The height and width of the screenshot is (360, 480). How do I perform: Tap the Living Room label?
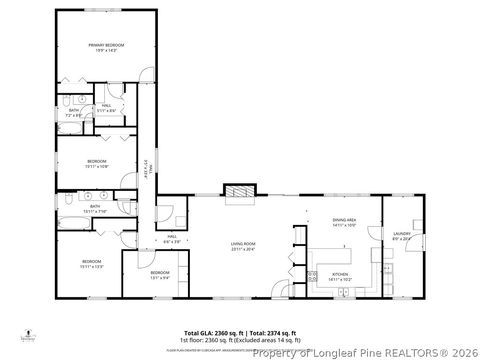tap(243, 244)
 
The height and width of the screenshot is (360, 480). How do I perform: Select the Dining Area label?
tap(344, 222)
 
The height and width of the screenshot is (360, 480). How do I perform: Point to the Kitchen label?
tap(339, 276)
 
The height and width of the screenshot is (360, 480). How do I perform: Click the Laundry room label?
tap(401, 234)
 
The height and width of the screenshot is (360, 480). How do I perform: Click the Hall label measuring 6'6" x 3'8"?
tap(171, 240)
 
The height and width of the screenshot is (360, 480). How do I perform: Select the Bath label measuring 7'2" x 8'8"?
tap(73, 113)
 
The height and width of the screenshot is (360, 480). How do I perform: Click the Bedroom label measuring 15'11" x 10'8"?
tap(96, 163)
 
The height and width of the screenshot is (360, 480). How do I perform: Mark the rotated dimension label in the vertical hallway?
tap(147, 171)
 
